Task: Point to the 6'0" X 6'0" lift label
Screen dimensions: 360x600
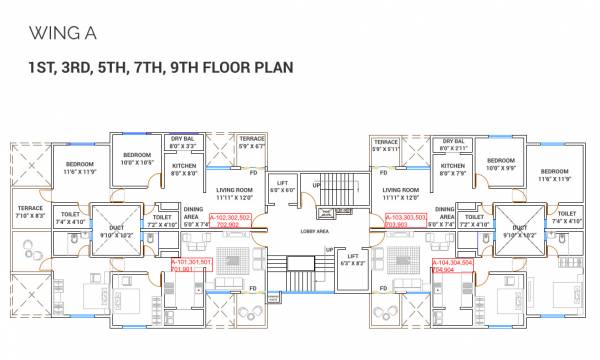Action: [x=282, y=187]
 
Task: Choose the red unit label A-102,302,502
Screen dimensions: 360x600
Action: [x=232, y=221]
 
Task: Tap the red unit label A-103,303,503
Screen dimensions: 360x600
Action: [x=404, y=220]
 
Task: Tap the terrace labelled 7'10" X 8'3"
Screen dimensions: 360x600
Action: [x=30, y=212]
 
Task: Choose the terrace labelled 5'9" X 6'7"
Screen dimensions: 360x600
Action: [x=251, y=143]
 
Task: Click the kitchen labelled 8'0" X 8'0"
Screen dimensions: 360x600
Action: [x=183, y=169]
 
